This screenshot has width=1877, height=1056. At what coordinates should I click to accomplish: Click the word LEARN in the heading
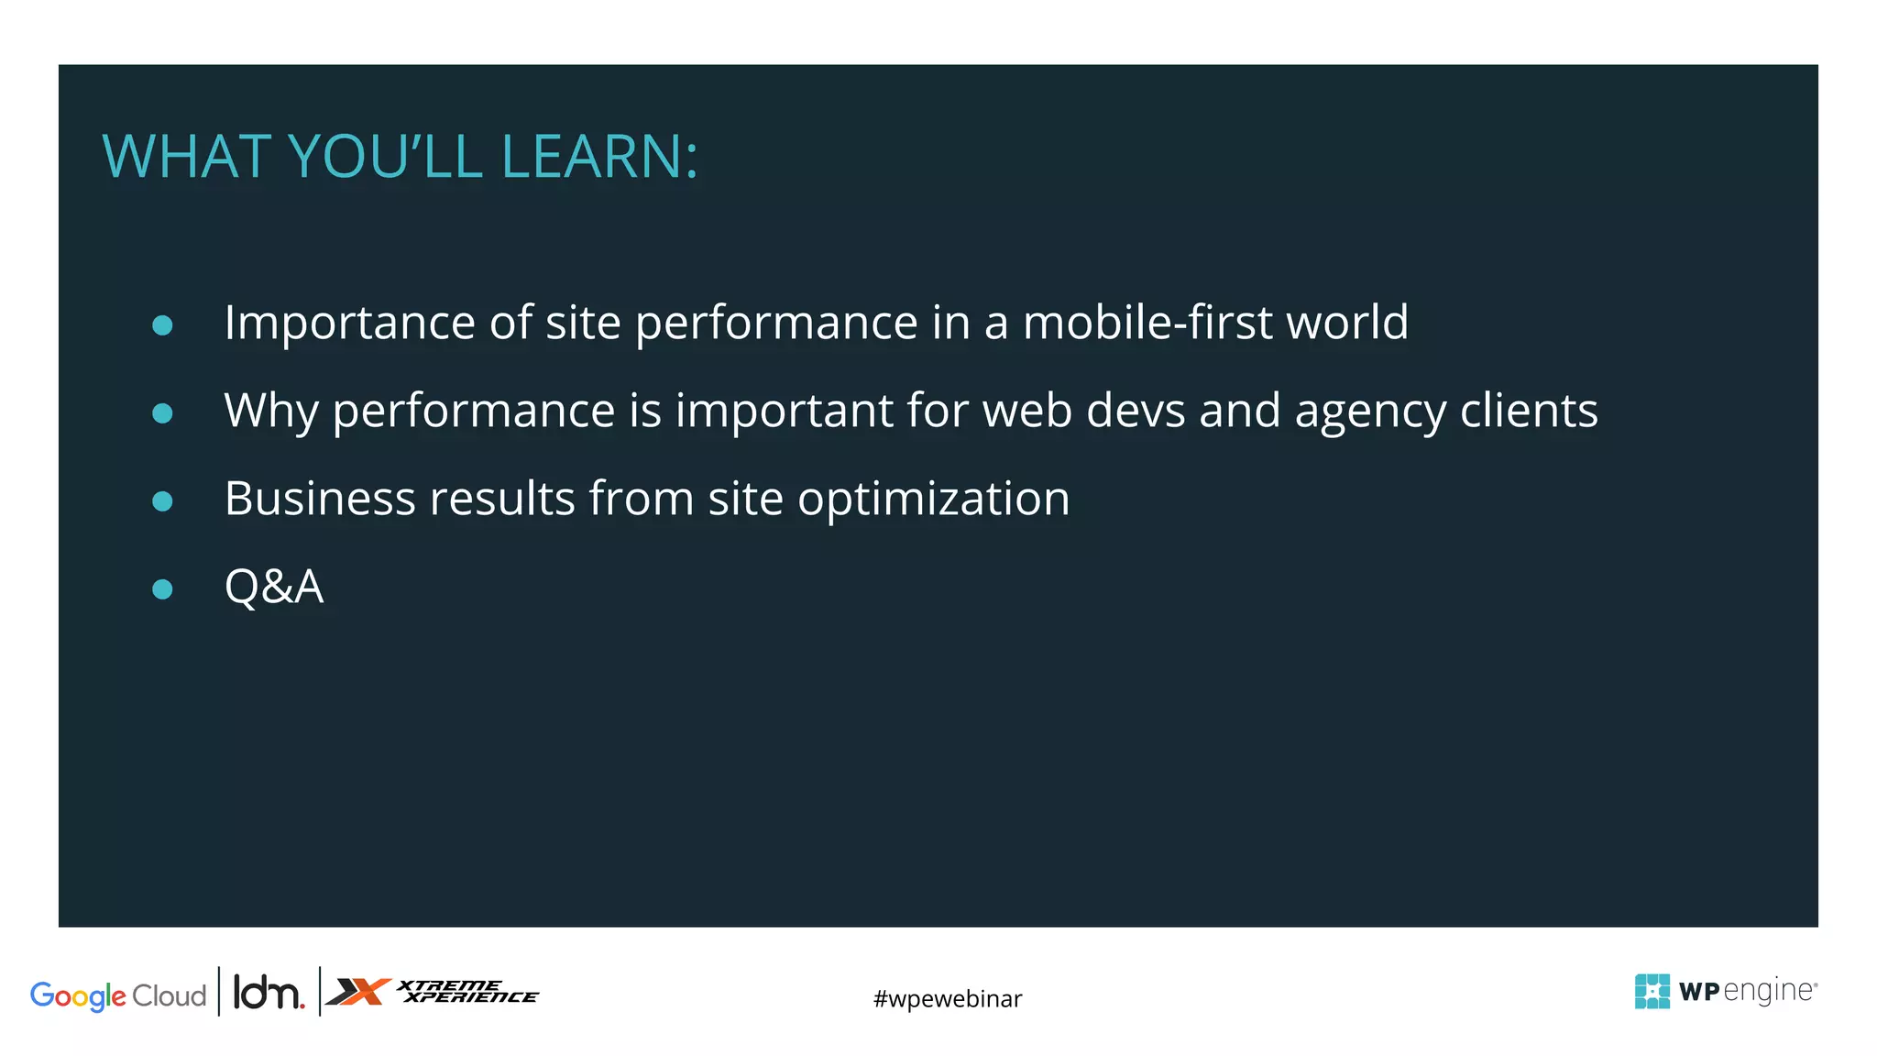tap(592, 157)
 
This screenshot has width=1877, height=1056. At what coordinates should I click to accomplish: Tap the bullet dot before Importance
tap(162, 325)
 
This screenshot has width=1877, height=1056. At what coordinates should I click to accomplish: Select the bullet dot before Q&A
tap(162, 588)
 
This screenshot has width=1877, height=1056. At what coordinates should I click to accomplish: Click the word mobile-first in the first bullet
tap(1147, 323)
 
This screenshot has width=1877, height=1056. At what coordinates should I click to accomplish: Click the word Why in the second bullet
tap(270, 411)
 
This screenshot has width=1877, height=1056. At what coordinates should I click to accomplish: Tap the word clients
tap(1529, 410)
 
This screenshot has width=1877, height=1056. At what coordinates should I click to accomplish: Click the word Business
tap(320, 499)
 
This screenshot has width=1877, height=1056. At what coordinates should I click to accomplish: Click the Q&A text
tap(273, 587)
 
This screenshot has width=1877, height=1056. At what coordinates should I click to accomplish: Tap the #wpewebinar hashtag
tap(947, 998)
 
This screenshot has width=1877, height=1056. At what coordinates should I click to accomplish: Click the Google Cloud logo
tap(118, 995)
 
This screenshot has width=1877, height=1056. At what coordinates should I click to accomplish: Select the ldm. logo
tap(268, 993)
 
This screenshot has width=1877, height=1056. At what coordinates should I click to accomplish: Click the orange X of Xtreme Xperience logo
tap(359, 992)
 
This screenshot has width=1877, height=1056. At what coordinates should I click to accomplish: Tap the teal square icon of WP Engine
tap(1652, 991)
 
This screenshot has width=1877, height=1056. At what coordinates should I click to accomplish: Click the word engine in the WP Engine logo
tap(1769, 992)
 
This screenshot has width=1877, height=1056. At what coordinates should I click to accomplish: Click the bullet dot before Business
tap(162, 500)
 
